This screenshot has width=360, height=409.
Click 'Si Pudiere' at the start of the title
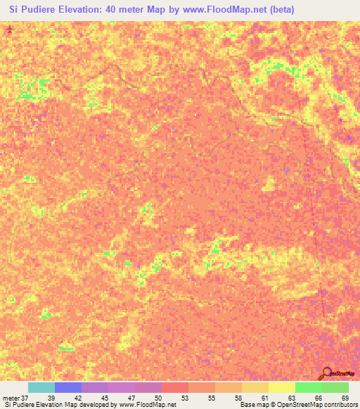pyautogui.click(x=32, y=10)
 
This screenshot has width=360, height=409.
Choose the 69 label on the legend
pyautogui.click(x=345, y=397)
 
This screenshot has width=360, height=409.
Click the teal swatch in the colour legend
pyautogui.click(x=41, y=387)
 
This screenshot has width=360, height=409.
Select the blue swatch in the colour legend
pyautogui.click(x=68, y=387)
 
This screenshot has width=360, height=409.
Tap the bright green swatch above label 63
pyautogui.click(x=308, y=387)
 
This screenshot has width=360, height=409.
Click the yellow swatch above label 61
pyautogui.click(x=281, y=387)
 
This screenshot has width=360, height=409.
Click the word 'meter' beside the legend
pyautogui.click(x=11, y=397)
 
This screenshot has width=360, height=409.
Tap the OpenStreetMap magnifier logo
pyautogui.click(x=326, y=373)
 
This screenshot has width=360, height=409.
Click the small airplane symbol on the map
pyautogui.click(x=9, y=31)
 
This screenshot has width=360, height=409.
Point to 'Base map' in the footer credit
pyautogui.click(x=253, y=405)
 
